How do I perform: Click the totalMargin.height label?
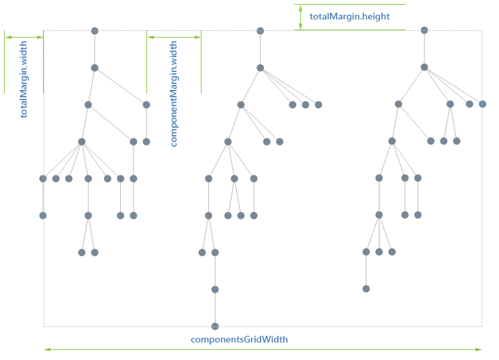click(x=349, y=16)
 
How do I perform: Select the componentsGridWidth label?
click(x=239, y=339)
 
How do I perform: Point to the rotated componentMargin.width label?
click(x=174, y=94)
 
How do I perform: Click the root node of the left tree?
click(x=95, y=31)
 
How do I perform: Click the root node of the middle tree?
click(x=260, y=31)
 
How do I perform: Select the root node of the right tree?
click(x=424, y=30)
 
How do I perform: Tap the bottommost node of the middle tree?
click(x=215, y=326)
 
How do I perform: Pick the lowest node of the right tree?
click(x=366, y=289)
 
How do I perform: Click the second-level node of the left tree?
click(x=95, y=68)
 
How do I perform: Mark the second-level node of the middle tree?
click(x=260, y=68)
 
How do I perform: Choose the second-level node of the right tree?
click(x=424, y=67)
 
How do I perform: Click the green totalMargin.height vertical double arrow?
click(x=300, y=17)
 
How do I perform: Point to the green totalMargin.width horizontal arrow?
click(x=24, y=38)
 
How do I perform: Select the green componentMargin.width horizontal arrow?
click(x=174, y=38)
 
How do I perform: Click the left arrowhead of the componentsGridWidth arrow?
click(x=46, y=349)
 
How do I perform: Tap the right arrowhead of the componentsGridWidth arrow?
click(x=480, y=349)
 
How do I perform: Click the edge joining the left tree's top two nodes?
click(x=95, y=49)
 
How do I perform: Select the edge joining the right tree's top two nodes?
click(x=424, y=48)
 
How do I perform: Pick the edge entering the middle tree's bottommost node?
click(x=215, y=308)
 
